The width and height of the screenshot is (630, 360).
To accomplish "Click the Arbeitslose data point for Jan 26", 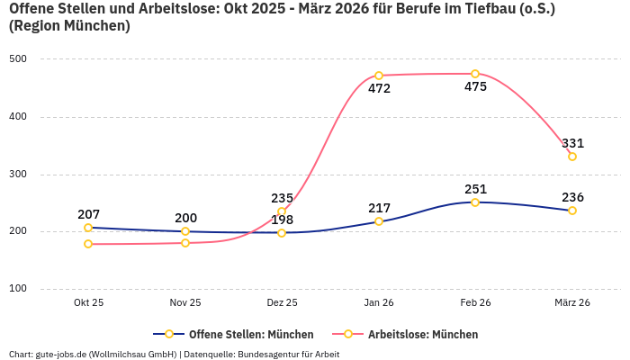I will [x=379, y=76].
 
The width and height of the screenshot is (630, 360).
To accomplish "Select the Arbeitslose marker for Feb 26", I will [x=475, y=74].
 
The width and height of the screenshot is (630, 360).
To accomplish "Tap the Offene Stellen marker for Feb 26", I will [x=475, y=202].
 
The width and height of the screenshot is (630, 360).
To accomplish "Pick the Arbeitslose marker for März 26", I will [x=572, y=157].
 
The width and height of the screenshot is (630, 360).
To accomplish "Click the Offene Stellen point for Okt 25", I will [x=88, y=228].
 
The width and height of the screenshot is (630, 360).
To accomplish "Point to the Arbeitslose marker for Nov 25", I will [x=185, y=243].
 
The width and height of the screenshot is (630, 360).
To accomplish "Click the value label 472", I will [x=379, y=89].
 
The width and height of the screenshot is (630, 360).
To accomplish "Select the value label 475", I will [x=475, y=87].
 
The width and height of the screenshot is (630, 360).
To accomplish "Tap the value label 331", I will [x=572, y=143].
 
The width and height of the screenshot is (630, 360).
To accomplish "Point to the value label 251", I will [x=475, y=189].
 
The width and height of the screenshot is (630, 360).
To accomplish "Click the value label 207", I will [x=88, y=214].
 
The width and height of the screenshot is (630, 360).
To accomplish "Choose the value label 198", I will [x=282, y=220].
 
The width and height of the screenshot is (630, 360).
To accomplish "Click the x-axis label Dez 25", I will [x=282, y=303].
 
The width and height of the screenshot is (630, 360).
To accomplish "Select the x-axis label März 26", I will [x=572, y=303].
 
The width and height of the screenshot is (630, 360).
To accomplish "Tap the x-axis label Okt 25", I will [x=88, y=303].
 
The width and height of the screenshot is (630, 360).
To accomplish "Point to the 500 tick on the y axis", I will [x=19, y=59].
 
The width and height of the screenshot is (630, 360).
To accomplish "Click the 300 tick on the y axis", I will [x=19, y=175].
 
